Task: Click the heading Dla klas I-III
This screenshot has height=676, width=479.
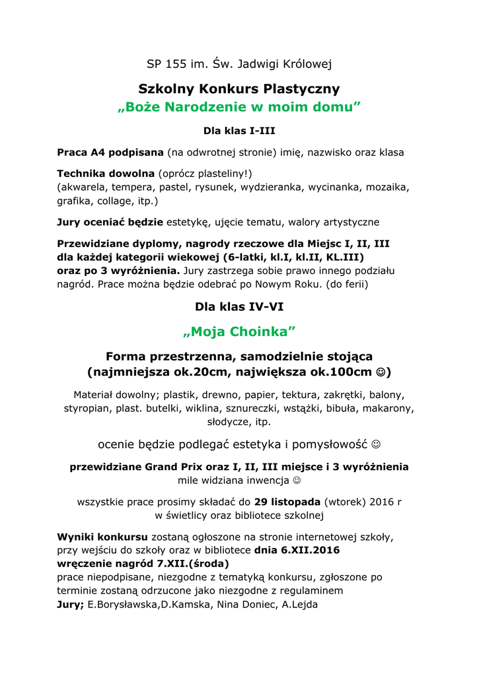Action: pos(239,131)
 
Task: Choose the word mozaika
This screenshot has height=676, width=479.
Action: pos(386,187)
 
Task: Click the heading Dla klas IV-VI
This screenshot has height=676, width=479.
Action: pos(239,306)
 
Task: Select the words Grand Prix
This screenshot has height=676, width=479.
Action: pos(170,467)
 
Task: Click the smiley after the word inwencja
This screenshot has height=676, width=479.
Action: pos(296,480)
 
